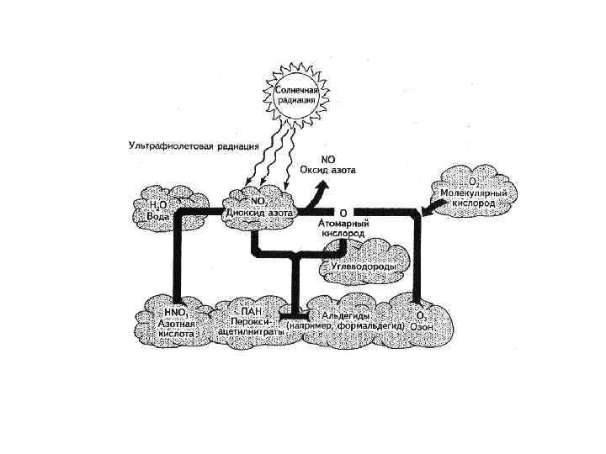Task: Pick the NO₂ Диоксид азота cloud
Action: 258,207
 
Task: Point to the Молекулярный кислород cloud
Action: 474,191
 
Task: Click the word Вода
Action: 159,215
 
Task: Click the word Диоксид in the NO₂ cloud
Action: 245,214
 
